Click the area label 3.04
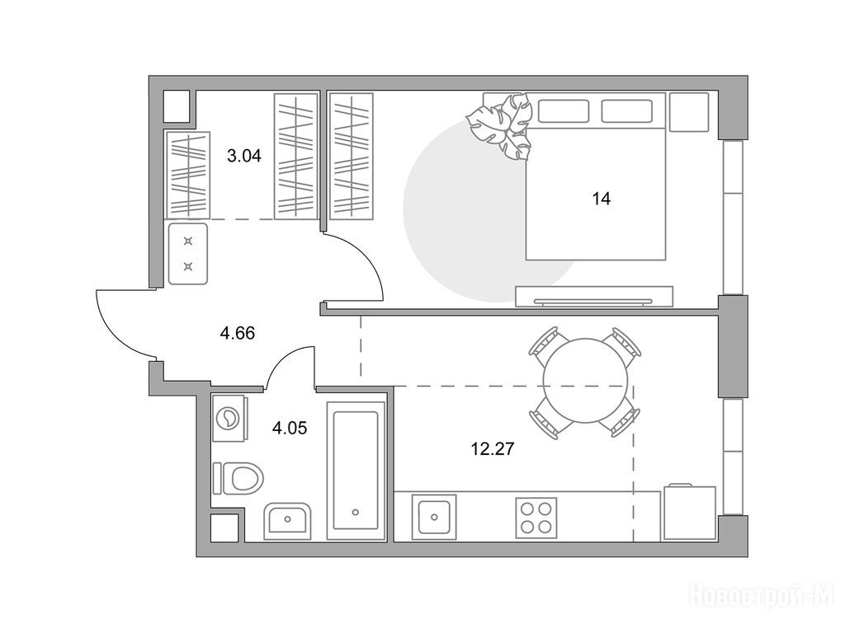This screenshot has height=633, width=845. pyautogui.click(x=244, y=156)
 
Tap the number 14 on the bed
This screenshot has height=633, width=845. pyautogui.click(x=602, y=199)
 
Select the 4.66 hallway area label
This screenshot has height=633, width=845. pyautogui.click(x=237, y=333)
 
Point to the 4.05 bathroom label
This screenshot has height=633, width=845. pyautogui.click(x=290, y=428)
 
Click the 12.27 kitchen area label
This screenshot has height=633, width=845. pyautogui.click(x=493, y=448)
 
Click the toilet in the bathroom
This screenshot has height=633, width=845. pyautogui.click(x=238, y=477)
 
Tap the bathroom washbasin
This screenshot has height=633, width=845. pyautogui.click(x=287, y=521)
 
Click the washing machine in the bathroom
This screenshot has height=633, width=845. pyautogui.click(x=230, y=418)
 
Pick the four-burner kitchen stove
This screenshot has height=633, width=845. pyautogui.click(x=536, y=518)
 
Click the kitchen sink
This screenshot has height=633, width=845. pyautogui.click(x=434, y=517)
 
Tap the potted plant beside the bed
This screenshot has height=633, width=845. pyautogui.click(x=501, y=126)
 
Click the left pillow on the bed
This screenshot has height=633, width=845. pyautogui.click(x=563, y=111)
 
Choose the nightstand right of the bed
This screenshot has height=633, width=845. pyautogui.click(x=688, y=111)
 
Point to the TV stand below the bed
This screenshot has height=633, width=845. pyautogui.click(x=594, y=296)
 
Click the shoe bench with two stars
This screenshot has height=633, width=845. pyautogui.click(x=188, y=254)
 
